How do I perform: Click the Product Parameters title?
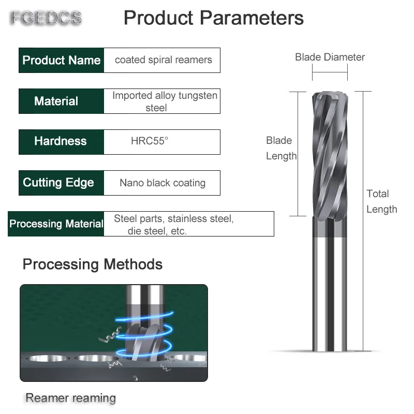click(x=213, y=18)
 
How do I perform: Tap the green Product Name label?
click(x=61, y=60)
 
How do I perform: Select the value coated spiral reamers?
click(x=163, y=60)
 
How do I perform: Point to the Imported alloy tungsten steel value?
click(x=164, y=101)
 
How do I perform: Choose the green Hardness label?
click(x=61, y=141)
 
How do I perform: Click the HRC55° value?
click(x=150, y=141)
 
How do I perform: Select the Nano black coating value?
click(x=162, y=183)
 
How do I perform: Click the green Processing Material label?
click(x=56, y=224)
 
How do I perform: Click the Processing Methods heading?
click(x=93, y=264)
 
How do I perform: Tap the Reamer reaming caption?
click(x=70, y=398)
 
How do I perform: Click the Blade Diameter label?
click(x=330, y=57)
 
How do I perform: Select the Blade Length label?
click(x=281, y=148)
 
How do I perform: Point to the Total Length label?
click(x=381, y=201)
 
